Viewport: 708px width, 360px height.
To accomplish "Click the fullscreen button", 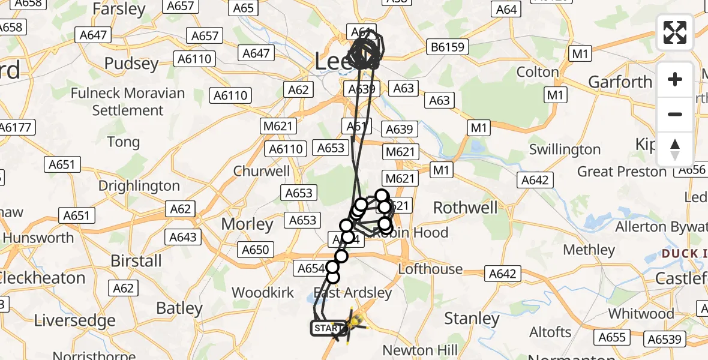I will tap(675, 32).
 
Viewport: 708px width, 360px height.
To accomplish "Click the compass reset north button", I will tap(675, 149).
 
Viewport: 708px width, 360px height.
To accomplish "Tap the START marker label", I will tap(328, 328).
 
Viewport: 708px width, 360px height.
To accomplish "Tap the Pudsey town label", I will tap(131, 64).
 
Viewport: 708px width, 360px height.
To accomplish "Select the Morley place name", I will tap(247, 224).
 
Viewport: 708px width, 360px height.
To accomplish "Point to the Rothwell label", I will tap(466, 208).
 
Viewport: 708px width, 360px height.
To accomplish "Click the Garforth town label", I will tap(620, 82).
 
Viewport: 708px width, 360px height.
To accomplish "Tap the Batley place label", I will tap(179, 308).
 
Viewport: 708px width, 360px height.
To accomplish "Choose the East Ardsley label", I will tap(353, 293).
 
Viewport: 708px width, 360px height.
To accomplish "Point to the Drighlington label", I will tap(139, 186).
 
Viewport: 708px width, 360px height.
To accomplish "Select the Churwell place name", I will tap(262, 171).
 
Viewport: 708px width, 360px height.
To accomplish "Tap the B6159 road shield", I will tap(446, 47).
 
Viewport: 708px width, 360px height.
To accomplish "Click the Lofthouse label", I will tap(431, 269).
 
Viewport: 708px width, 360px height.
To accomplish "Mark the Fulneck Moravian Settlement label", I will tap(127, 101).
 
